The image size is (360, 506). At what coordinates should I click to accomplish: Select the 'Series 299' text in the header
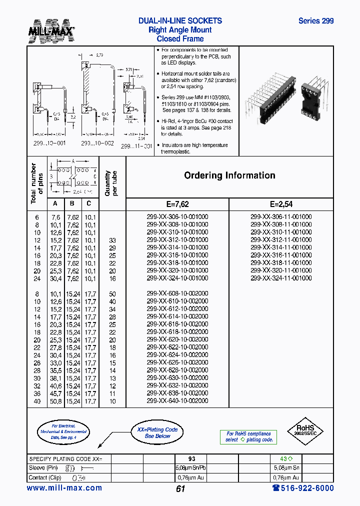click(315, 21)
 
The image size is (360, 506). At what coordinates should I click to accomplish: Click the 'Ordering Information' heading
click(229, 175)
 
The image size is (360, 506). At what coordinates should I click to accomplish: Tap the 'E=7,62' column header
click(177, 204)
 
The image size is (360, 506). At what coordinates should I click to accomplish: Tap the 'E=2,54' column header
click(281, 204)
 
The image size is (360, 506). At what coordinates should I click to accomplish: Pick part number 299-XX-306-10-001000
click(177, 217)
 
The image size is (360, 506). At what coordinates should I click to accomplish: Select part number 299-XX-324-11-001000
click(281, 278)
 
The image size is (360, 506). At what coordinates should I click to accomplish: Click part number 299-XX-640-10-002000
click(177, 400)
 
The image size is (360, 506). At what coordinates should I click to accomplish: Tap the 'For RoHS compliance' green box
click(248, 437)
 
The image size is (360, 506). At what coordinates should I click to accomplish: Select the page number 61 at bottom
click(180, 489)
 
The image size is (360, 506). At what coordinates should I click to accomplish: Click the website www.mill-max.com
click(64, 488)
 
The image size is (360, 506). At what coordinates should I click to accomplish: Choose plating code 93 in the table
click(191, 458)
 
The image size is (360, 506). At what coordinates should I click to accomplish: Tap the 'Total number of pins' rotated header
click(37, 183)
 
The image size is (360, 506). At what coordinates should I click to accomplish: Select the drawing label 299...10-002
click(97, 143)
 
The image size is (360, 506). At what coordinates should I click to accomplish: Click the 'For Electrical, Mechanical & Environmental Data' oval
click(62, 431)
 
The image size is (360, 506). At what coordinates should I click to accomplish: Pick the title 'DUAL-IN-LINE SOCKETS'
click(180, 21)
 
